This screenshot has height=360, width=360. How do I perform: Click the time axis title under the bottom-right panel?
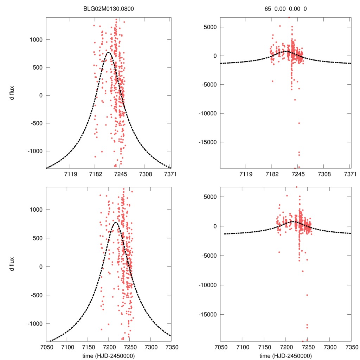click(285, 355)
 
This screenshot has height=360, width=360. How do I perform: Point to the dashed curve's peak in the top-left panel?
click(109, 52)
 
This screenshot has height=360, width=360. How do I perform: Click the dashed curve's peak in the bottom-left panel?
click(115, 222)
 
